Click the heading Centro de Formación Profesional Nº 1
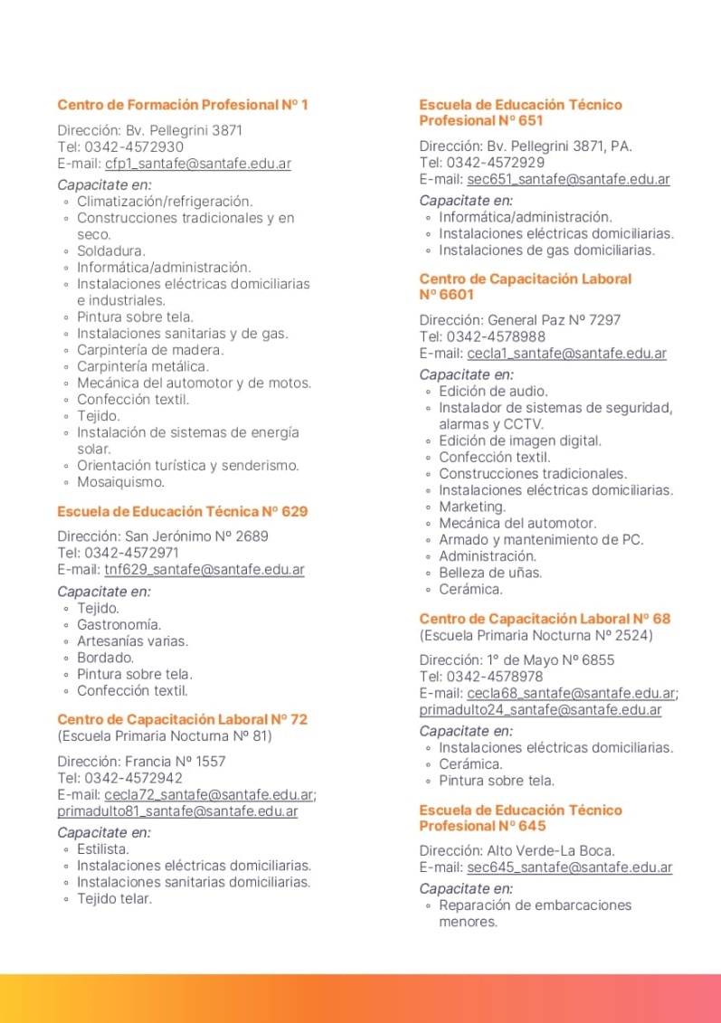click(183, 105)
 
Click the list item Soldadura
click(111, 251)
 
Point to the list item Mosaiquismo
click(120, 482)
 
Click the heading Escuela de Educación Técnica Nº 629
click(183, 511)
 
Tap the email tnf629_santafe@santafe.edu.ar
click(204, 570)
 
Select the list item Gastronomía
click(119, 625)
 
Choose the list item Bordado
click(106, 658)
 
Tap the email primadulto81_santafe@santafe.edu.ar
click(177, 811)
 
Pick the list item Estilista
click(103, 849)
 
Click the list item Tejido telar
click(115, 899)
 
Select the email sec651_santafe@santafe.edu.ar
click(568, 179)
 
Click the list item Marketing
click(472, 507)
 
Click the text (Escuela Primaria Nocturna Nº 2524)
click(536, 635)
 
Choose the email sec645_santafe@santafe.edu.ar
click(570, 867)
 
